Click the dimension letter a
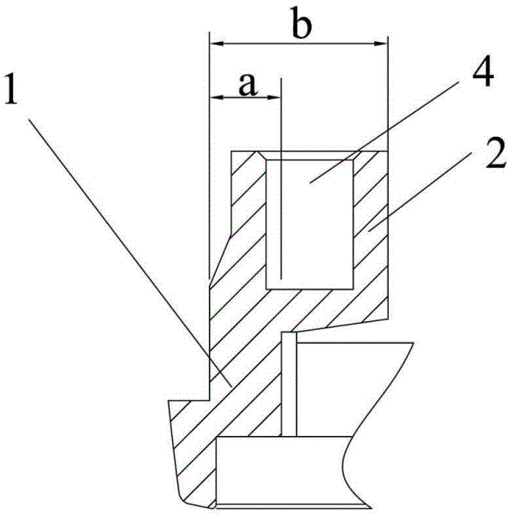[x=248, y=84]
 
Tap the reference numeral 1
[x=11, y=89]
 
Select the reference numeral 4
[x=483, y=71]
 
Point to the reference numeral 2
[x=495, y=153]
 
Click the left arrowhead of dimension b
[x=217, y=44]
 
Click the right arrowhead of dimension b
[x=380, y=44]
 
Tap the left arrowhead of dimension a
[x=217, y=97]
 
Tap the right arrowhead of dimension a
[x=273, y=97]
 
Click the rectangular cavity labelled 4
[x=310, y=224]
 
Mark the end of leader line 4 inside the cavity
[x=310, y=183]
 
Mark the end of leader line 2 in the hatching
[x=368, y=231]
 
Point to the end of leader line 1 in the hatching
[x=231, y=386]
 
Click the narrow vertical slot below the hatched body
[x=289, y=384]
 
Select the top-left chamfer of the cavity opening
[x=262, y=155]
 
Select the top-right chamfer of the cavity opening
[x=357, y=155]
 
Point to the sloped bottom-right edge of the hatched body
[x=339, y=326]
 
